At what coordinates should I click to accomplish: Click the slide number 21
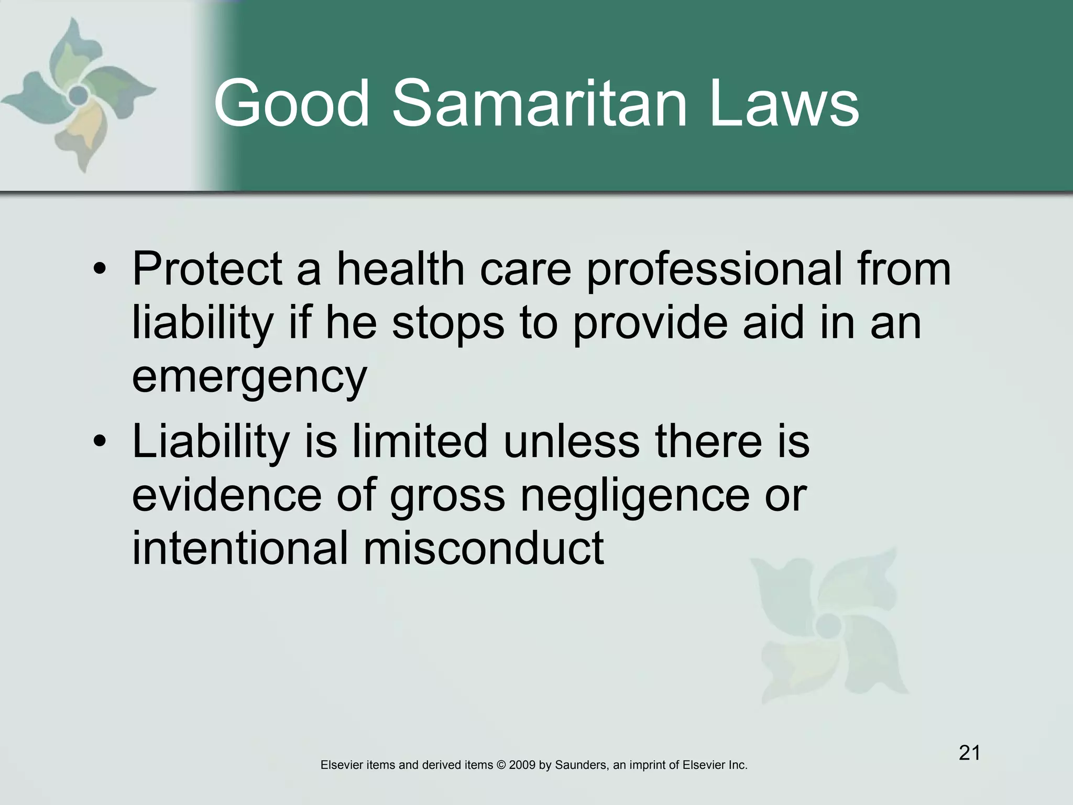tap(969, 753)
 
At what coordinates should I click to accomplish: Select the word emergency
tap(249, 377)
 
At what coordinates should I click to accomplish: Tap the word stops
tap(448, 324)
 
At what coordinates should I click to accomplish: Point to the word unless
tap(571, 441)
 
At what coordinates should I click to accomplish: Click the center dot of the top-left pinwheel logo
tap(79, 95)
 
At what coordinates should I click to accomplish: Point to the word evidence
tap(226, 495)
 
